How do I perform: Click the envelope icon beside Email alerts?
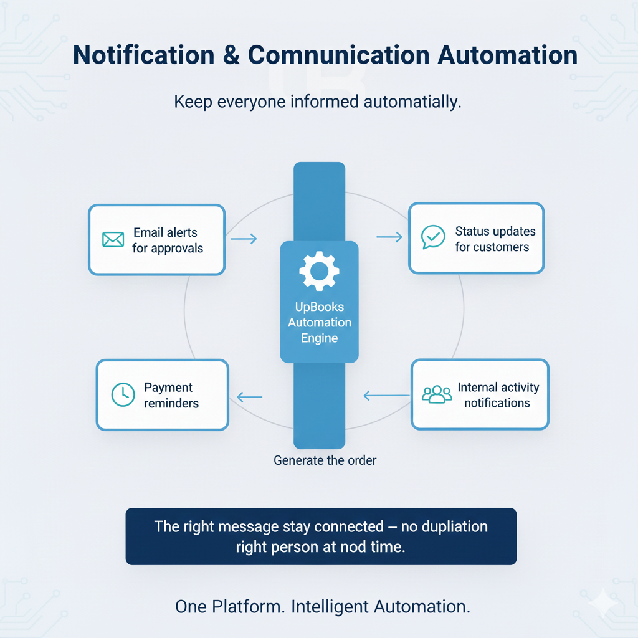tap(113, 240)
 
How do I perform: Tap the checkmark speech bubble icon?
tap(433, 237)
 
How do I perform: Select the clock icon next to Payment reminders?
tap(123, 394)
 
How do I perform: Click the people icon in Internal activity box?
tap(437, 394)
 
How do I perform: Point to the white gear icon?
tap(319, 271)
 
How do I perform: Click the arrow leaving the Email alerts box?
tap(244, 239)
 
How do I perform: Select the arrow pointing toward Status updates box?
tap(390, 237)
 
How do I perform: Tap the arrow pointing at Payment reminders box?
tap(250, 396)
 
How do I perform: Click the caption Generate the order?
tap(325, 461)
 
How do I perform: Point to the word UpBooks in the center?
tap(319, 307)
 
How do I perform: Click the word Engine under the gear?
tap(319, 338)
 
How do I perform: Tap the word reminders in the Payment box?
tap(171, 403)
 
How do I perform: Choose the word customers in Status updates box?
tap(492, 247)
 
